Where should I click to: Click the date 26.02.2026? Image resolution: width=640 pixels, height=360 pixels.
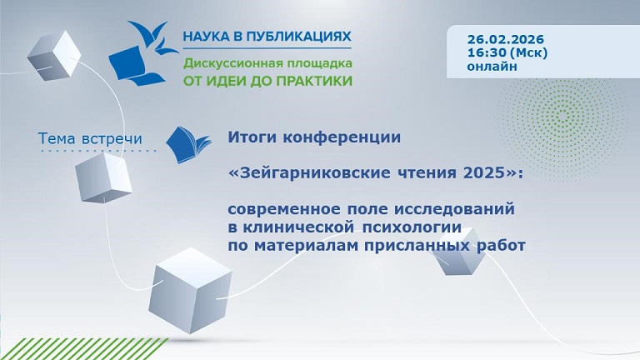click(x=501, y=37)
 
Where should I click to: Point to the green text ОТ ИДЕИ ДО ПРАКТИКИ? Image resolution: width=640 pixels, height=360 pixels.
click(x=267, y=81)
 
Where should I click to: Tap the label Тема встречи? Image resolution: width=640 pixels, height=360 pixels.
click(x=91, y=137)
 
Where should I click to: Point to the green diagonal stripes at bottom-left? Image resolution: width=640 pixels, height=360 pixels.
click(x=50, y=348)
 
